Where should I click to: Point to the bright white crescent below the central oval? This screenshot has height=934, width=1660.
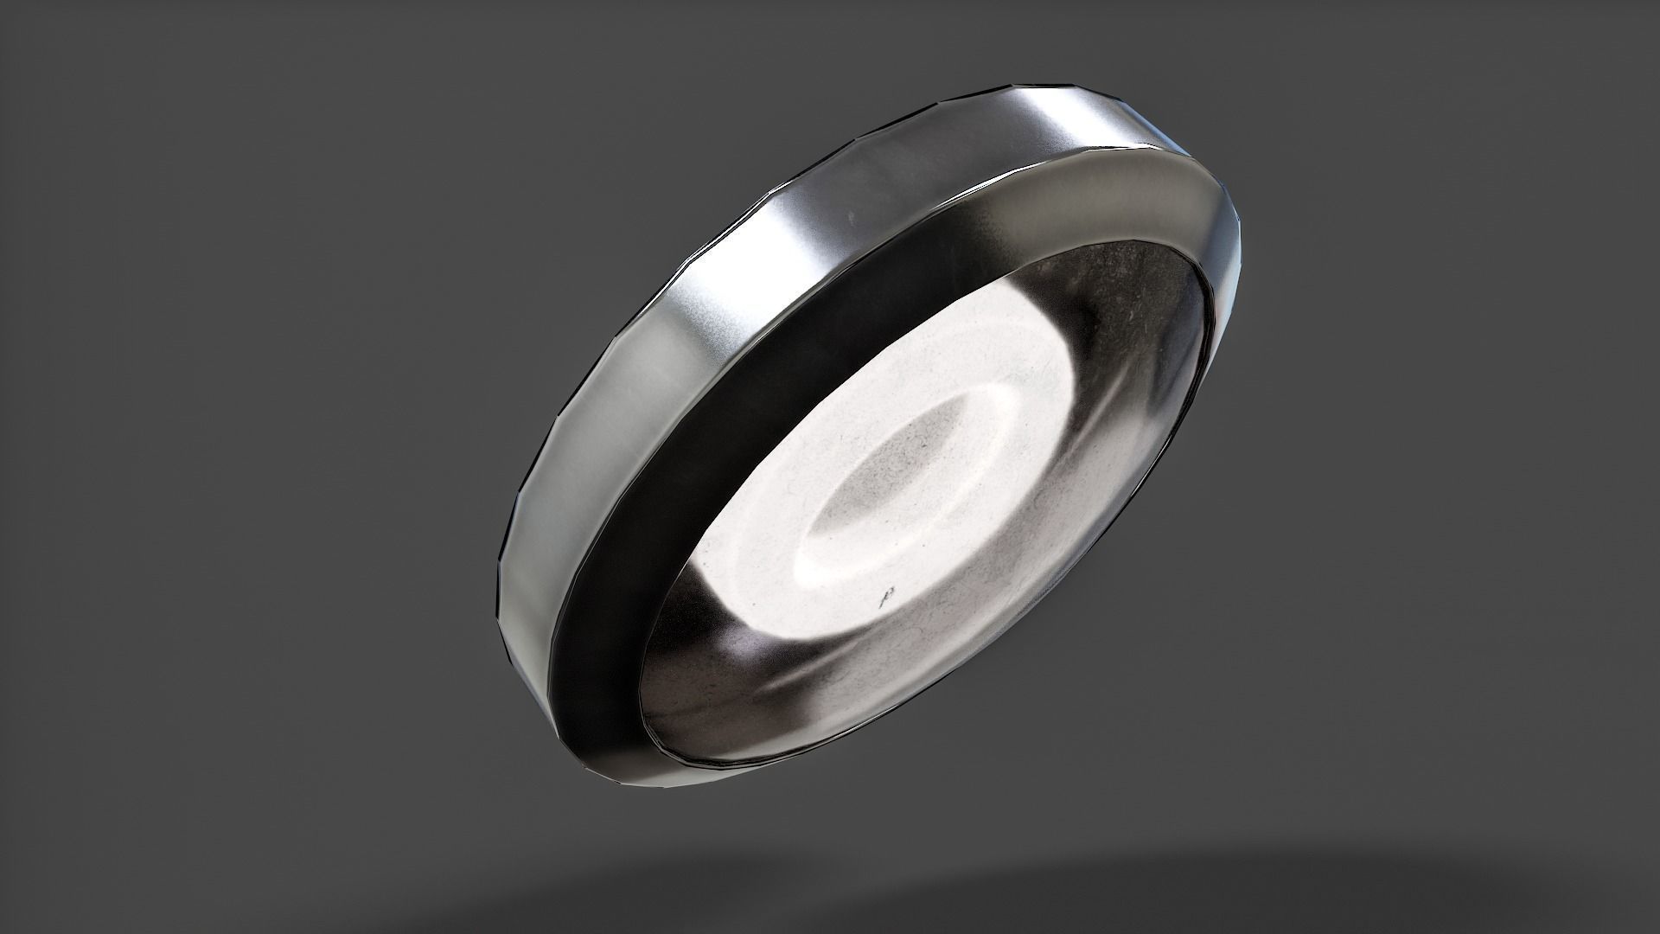[852, 566]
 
